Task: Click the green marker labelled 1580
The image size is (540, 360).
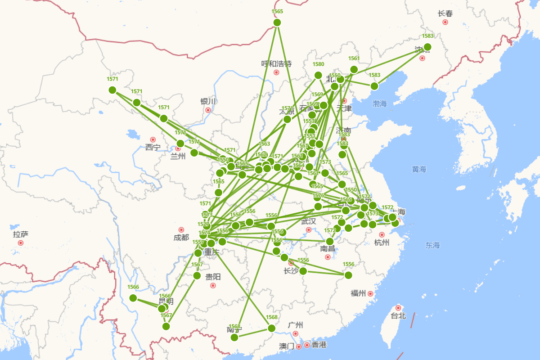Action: (318, 75)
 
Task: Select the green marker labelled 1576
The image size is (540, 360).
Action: (318, 207)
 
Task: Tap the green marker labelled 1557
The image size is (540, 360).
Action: (198, 253)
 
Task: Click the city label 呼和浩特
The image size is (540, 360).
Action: (276, 63)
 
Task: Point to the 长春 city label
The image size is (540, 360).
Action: (445, 13)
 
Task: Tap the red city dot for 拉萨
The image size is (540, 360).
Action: (21, 243)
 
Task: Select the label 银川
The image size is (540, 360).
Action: (208, 101)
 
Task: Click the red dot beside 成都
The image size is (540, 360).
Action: (181, 230)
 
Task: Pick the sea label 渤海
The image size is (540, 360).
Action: (379, 103)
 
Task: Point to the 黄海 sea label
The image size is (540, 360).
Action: (418, 169)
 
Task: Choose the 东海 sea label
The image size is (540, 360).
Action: (432, 245)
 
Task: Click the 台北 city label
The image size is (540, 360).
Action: (398, 316)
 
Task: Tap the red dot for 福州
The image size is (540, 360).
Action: (370, 294)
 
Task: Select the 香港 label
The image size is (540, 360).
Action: (319, 345)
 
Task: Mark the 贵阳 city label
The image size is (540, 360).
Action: (213, 276)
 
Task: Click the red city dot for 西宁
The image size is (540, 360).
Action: (153, 139)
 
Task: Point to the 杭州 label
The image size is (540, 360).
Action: (382, 243)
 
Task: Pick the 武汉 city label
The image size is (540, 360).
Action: (309, 221)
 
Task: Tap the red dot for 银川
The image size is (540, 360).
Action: (208, 110)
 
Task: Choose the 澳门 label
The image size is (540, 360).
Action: (286, 346)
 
